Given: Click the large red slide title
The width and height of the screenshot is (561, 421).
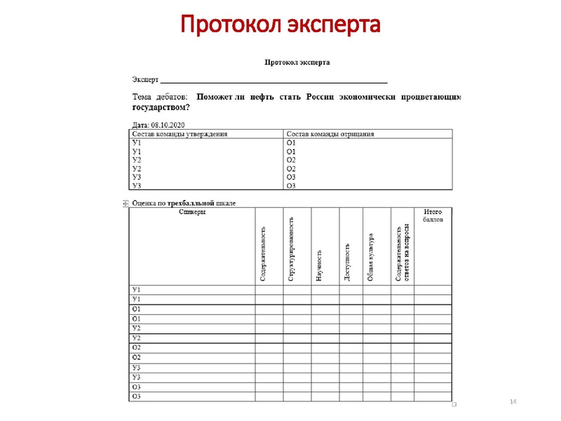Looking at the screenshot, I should (280, 25).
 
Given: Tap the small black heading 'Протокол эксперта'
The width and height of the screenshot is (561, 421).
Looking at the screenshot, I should (297, 62).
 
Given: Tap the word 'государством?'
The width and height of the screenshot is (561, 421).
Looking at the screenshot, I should (161, 108).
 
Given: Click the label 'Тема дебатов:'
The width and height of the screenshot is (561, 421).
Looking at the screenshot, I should (159, 98).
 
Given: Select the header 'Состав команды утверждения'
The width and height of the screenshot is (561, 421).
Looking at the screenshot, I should (180, 133).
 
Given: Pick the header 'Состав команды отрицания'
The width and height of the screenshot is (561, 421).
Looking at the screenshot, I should (330, 133).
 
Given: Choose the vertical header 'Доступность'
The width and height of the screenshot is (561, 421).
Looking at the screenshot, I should (347, 262).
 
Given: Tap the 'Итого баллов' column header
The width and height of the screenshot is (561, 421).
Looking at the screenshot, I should (433, 215).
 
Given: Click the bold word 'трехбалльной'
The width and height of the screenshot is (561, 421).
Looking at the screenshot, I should (190, 203).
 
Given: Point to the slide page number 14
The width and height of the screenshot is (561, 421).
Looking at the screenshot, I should (513, 401).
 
